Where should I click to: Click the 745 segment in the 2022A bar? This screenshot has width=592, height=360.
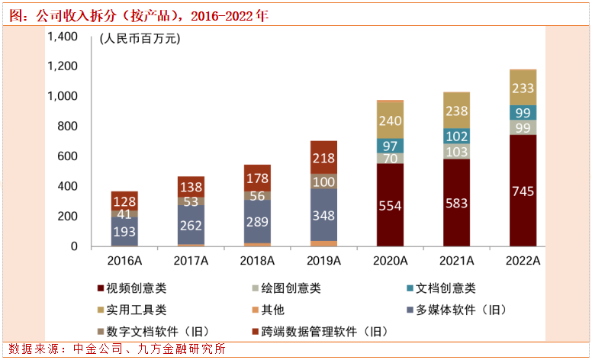click(x=523, y=191)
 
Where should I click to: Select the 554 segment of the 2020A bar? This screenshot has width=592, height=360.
click(x=391, y=205)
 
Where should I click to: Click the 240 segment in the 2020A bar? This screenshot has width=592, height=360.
click(x=391, y=120)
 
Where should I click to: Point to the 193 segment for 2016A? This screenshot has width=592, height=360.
click(x=124, y=231)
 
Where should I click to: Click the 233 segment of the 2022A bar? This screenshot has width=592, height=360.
click(x=523, y=88)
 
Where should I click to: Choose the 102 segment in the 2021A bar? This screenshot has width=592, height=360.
click(x=456, y=136)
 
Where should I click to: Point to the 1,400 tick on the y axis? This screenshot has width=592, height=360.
click(x=63, y=37)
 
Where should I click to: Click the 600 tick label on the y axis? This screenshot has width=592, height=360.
click(x=69, y=156)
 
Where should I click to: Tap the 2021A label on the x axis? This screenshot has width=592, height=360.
click(x=456, y=261)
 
